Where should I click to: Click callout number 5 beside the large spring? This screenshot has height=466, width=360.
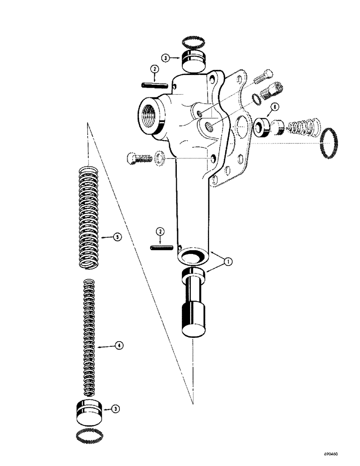118,237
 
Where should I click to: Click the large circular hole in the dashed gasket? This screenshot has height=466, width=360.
242,127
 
